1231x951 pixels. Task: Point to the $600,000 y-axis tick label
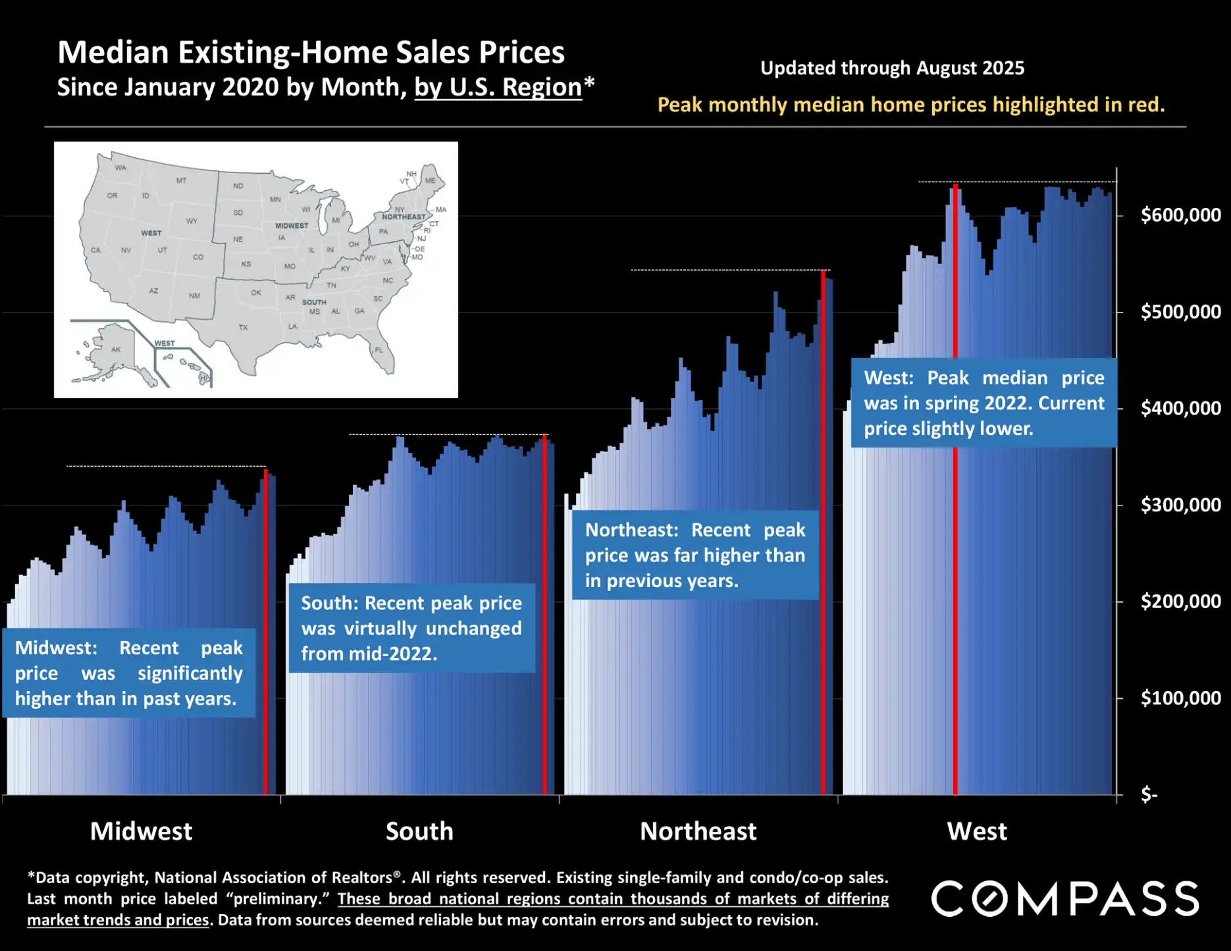(x=1180, y=215)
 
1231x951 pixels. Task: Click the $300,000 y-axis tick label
(x=1180, y=505)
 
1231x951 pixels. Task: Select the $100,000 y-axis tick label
(x=1180, y=698)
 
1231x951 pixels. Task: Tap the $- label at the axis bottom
(x=1149, y=794)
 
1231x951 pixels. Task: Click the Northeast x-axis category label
(x=698, y=831)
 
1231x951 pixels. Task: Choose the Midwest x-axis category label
(x=141, y=831)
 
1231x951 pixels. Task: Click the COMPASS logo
(x=1064, y=898)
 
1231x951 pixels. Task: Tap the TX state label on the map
(x=243, y=327)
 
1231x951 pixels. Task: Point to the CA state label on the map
(x=95, y=250)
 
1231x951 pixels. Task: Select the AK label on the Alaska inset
(x=116, y=349)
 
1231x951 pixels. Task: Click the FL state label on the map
(x=379, y=350)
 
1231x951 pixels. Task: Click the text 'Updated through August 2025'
(x=892, y=68)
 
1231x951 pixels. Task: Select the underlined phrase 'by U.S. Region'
(x=498, y=88)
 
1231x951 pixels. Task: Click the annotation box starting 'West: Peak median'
(x=983, y=403)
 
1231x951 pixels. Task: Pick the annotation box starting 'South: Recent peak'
(x=411, y=628)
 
